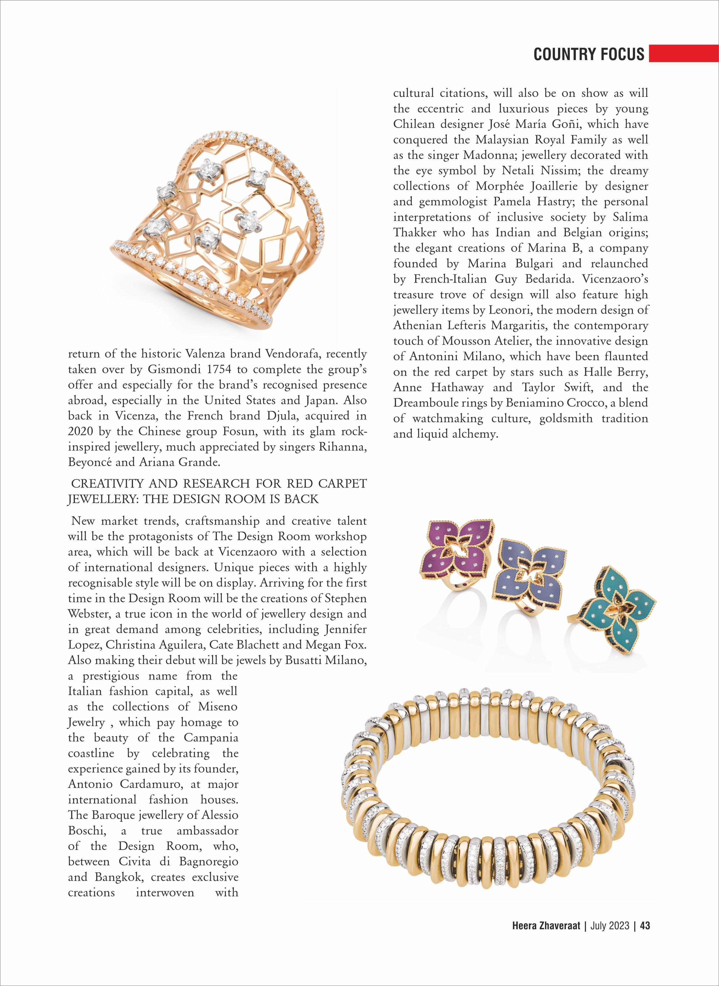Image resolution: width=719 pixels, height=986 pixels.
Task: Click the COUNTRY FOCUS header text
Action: click(x=589, y=54)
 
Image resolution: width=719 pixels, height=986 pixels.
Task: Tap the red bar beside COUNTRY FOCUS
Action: click(x=683, y=53)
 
